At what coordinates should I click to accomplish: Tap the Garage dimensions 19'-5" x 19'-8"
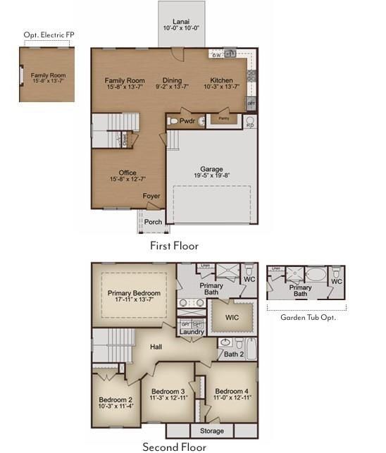click(x=211, y=175)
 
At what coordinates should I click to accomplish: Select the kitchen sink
click(x=230, y=54)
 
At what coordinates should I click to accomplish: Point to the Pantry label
click(x=223, y=119)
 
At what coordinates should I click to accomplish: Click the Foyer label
click(x=151, y=197)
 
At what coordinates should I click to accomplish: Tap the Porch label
click(x=153, y=221)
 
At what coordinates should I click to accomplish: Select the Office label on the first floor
click(x=127, y=173)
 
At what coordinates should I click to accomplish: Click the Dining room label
click(x=172, y=80)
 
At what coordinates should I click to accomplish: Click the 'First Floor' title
click(x=174, y=246)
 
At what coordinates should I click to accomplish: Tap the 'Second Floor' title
click(x=174, y=447)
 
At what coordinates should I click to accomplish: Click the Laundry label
click(x=192, y=332)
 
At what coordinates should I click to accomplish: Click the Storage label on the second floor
click(x=212, y=430)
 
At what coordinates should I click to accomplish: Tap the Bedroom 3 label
click(x=168, y=391)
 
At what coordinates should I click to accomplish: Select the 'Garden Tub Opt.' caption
click(x=308, y=317)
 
